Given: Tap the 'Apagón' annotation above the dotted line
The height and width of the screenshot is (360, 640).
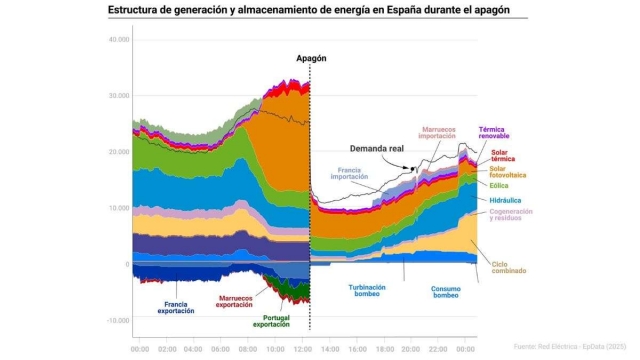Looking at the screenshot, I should coord(311,59).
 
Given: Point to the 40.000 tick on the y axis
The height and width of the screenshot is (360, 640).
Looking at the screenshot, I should coord(118,40).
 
